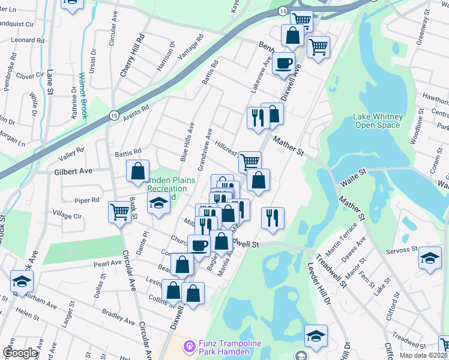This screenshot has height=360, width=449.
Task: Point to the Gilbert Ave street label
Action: coord(73,171)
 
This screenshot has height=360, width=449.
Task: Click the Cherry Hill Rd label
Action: coord(133,55)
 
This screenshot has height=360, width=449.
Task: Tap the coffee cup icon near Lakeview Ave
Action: coord(283,62)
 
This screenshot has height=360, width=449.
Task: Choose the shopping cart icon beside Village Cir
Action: coord(119,211)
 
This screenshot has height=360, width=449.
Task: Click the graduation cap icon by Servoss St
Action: coord(430,257)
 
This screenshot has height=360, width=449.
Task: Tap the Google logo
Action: coord(20,353)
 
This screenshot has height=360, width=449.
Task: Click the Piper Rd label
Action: coord(87,200)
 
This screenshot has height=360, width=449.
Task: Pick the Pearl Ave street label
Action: coord(107,263)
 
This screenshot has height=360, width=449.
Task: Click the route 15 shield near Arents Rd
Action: coord(112,116)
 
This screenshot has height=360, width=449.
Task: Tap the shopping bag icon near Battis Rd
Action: coord(137,171)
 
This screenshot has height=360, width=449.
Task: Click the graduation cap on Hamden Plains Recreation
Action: coord(158,204)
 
